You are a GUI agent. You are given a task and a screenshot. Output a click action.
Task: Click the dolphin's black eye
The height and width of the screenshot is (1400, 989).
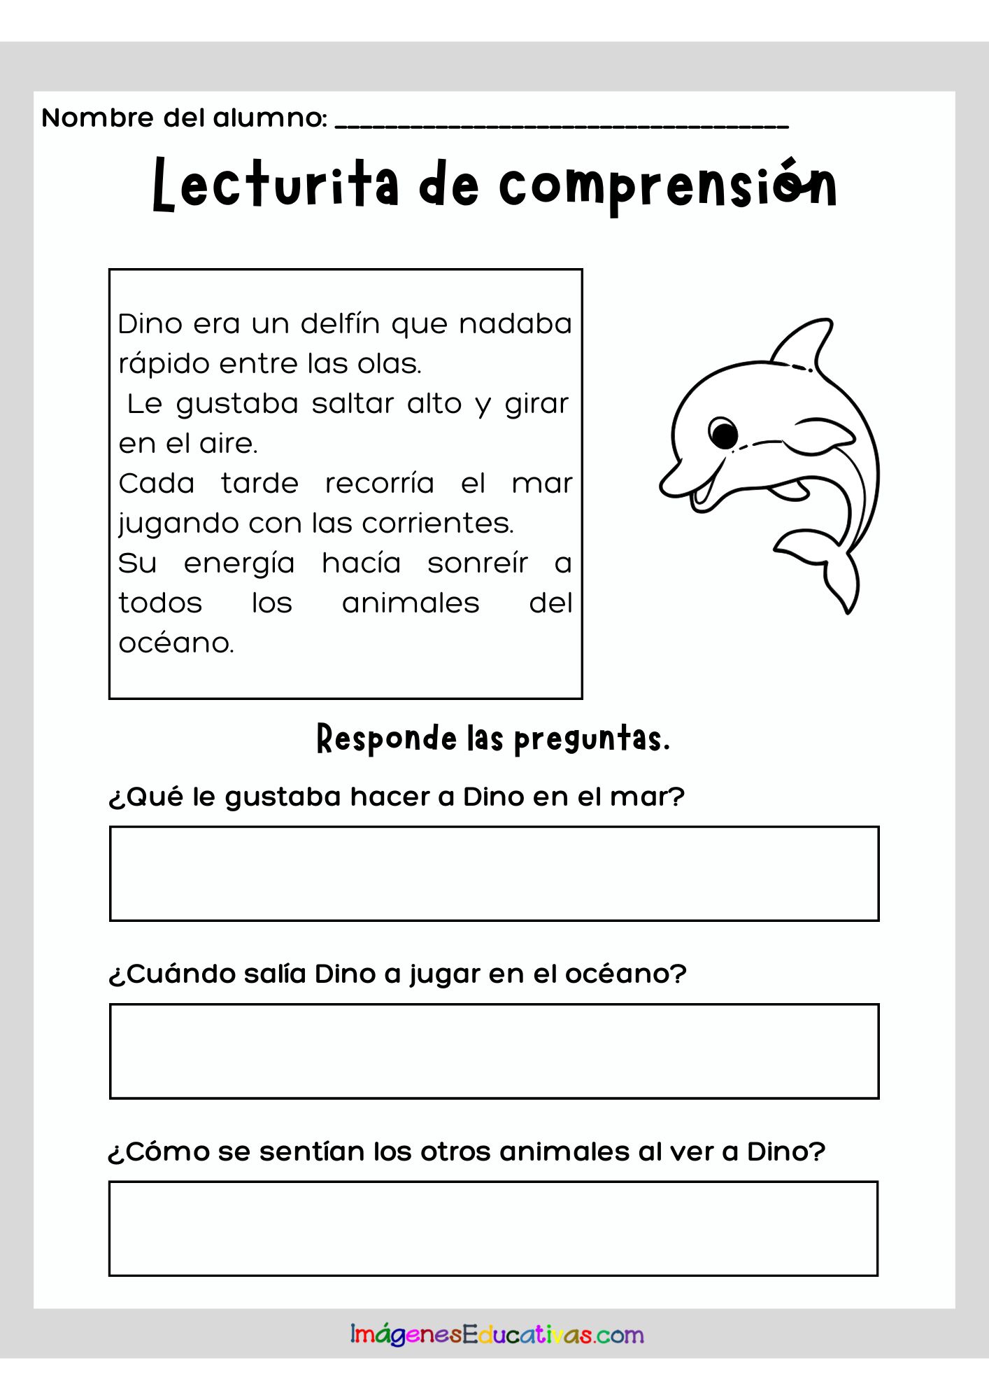point(723,434)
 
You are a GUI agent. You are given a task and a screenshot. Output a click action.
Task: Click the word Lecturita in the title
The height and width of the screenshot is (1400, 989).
point(276,185)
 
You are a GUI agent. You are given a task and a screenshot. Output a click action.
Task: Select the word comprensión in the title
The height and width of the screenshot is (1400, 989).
point(668,186)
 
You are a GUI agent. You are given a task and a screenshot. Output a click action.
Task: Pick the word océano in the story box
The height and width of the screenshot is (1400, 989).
point(176,643)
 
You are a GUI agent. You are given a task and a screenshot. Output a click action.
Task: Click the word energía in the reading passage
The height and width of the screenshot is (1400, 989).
point(239,563)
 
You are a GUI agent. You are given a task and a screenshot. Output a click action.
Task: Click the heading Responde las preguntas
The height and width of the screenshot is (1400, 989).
point(494,739)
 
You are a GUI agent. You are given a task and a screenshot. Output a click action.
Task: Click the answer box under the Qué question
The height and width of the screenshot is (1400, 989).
point(494,874)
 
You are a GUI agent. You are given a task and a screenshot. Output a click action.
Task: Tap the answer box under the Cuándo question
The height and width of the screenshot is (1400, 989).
point(494,1051)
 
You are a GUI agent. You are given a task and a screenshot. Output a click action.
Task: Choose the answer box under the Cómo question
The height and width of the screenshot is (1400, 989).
point(494,1228)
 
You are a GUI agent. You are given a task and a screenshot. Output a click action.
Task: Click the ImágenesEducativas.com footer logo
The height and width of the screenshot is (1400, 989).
point(497,1335)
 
